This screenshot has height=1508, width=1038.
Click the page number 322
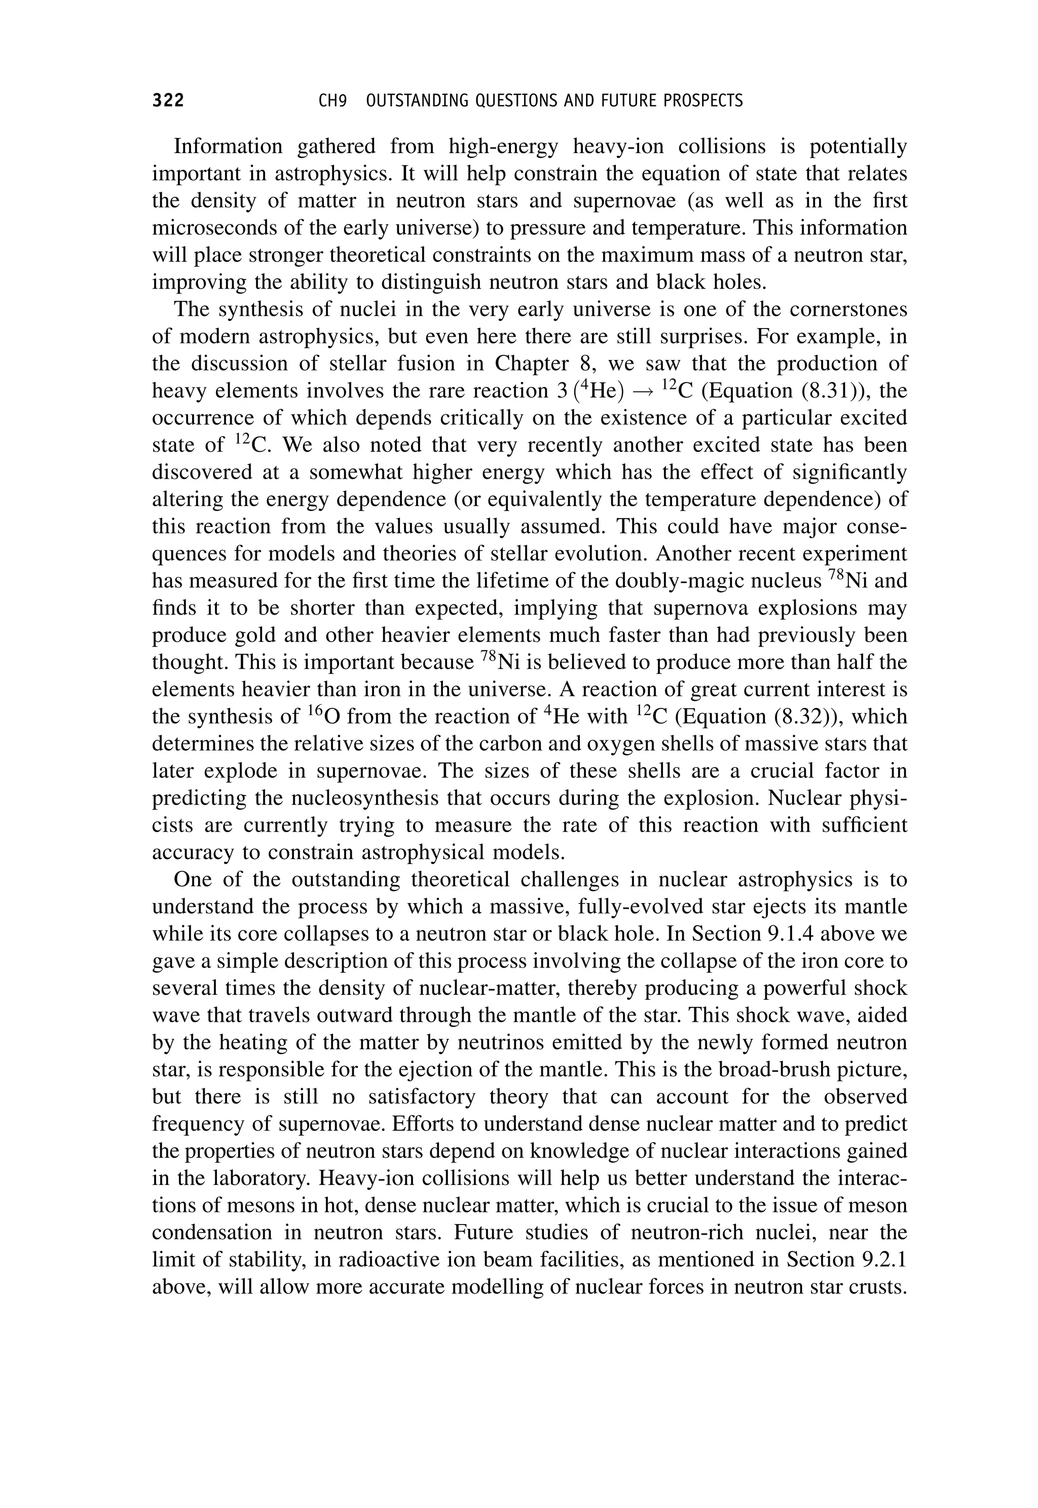(168, 101)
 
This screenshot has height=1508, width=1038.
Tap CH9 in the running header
(332, 101)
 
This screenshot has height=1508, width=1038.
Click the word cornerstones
(838, 310)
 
